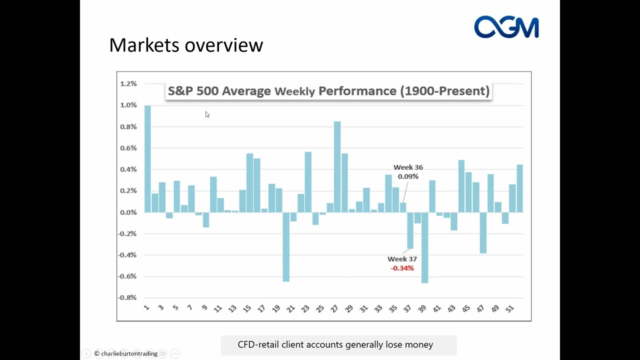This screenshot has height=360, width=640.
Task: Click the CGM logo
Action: coord(506,27)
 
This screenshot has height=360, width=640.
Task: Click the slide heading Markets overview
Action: coord(186,45)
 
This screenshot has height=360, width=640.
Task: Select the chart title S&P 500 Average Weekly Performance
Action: coord(328,91)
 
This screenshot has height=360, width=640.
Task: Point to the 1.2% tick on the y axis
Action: coord(128,84)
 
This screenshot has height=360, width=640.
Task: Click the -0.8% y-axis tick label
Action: coord(128,297)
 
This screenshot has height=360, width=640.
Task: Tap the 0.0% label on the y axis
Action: coord(128,212)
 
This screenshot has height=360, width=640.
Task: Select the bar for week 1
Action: coord(147,159)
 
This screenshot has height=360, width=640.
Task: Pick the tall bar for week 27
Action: coord(337,167)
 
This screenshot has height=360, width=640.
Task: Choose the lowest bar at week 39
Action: coord(424,247)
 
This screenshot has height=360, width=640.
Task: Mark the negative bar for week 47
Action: coord(483,232)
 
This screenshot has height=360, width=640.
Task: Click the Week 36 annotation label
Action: coord(408,167)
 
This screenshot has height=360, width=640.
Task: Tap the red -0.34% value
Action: coord(402,268)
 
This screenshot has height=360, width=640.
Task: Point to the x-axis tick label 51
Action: coord(509,308)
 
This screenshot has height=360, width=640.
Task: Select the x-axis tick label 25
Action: coord(320,308)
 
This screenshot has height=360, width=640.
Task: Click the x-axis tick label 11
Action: coord(217,308)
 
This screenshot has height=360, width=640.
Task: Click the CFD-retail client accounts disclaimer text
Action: coord(335,344)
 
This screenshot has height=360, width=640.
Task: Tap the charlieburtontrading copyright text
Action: coord(126,353)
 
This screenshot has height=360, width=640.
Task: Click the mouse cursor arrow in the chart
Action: coord(207,114)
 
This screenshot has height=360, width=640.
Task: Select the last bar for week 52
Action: coord(520,188)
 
